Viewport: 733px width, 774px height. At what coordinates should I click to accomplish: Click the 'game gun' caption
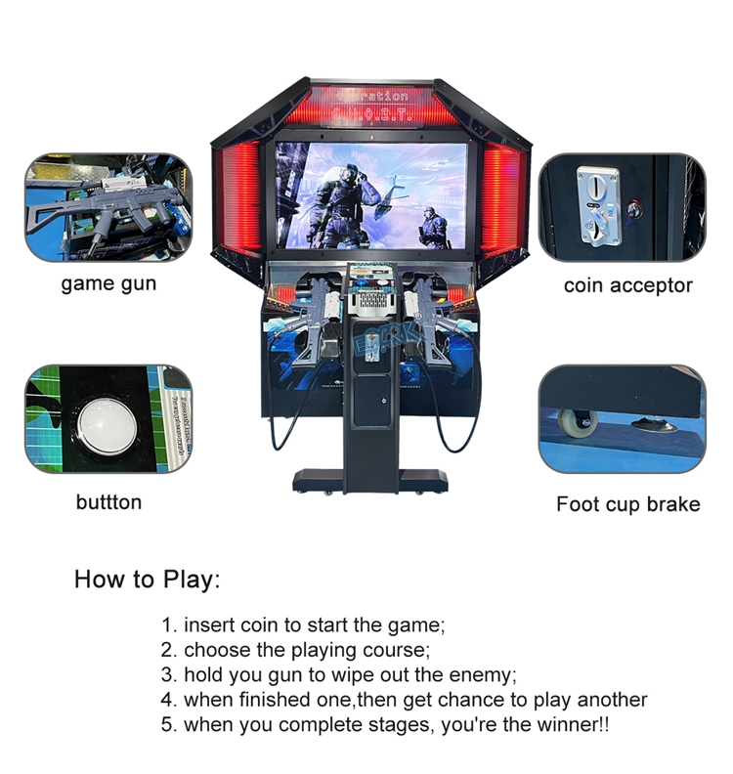(x=108, y=284)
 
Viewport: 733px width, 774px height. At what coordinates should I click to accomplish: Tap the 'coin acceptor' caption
(x=627, y=285)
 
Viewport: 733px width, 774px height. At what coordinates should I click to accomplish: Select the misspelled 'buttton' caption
(x=108, y=502)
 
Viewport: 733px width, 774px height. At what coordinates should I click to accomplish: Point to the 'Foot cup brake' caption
(x=627, y=504)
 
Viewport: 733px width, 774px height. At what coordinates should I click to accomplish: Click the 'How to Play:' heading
(x=148, y=579)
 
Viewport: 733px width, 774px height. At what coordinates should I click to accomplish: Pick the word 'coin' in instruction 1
(x=257, y=624)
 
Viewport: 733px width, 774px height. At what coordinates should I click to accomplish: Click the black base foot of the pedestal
(x=370, y=481)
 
